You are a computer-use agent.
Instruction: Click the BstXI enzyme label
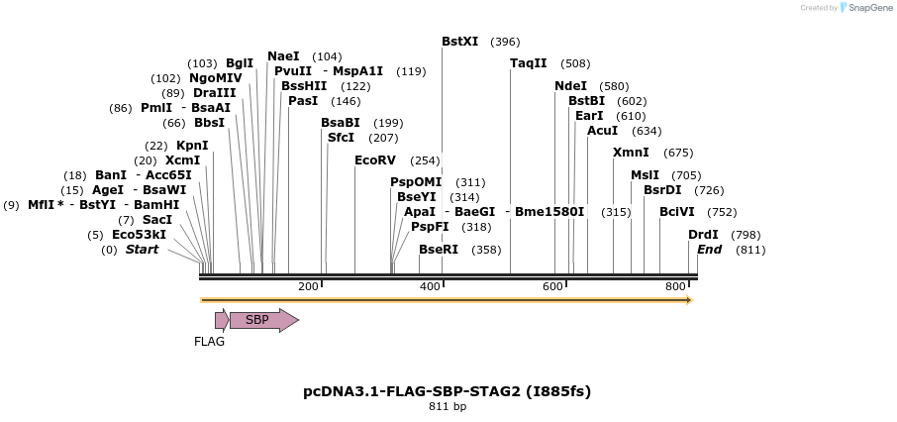pyautogui.click(x=460, y=42)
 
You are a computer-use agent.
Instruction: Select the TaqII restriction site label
pyautogui.click(x=528, y=63)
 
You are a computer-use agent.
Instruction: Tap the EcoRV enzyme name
pyautogui.click(x=375, y=160)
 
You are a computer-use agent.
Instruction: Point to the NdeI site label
pyautogui.click(x=570, y=86)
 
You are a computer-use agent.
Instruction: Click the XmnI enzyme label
pyautogui.click(x=631, y=153)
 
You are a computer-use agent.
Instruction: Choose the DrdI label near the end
pyautogui.click(x=703, y=235)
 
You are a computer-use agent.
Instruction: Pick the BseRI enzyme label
pyautogui.click(x=439, y=250)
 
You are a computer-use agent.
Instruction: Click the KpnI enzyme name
pyautogui.click(x=192, y=146)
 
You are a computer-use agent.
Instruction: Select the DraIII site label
pyautogui.click(x=214, y=93)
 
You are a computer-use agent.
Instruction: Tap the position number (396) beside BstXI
pyautogui.click(x=505, y=42)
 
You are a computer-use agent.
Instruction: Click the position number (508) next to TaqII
pyautogui.click(x=575, y=63)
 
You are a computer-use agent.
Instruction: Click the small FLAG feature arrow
pyautogui.click(x=222, y=319)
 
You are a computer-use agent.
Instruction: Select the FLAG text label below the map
pyautogui.click(x=209, y=342)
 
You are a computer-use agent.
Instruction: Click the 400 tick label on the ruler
pyautogui.click(x=430, y=286)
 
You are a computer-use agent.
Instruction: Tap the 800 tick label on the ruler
pyautogui.click(x=675, y=286)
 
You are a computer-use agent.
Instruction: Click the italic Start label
pyautogui.click(x=142, y=250)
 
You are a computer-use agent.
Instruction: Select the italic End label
pyautogui.click(x=709, y=250)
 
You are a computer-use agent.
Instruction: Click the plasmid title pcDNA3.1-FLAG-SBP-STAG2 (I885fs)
pyautogui.click(x=448, y=391)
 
